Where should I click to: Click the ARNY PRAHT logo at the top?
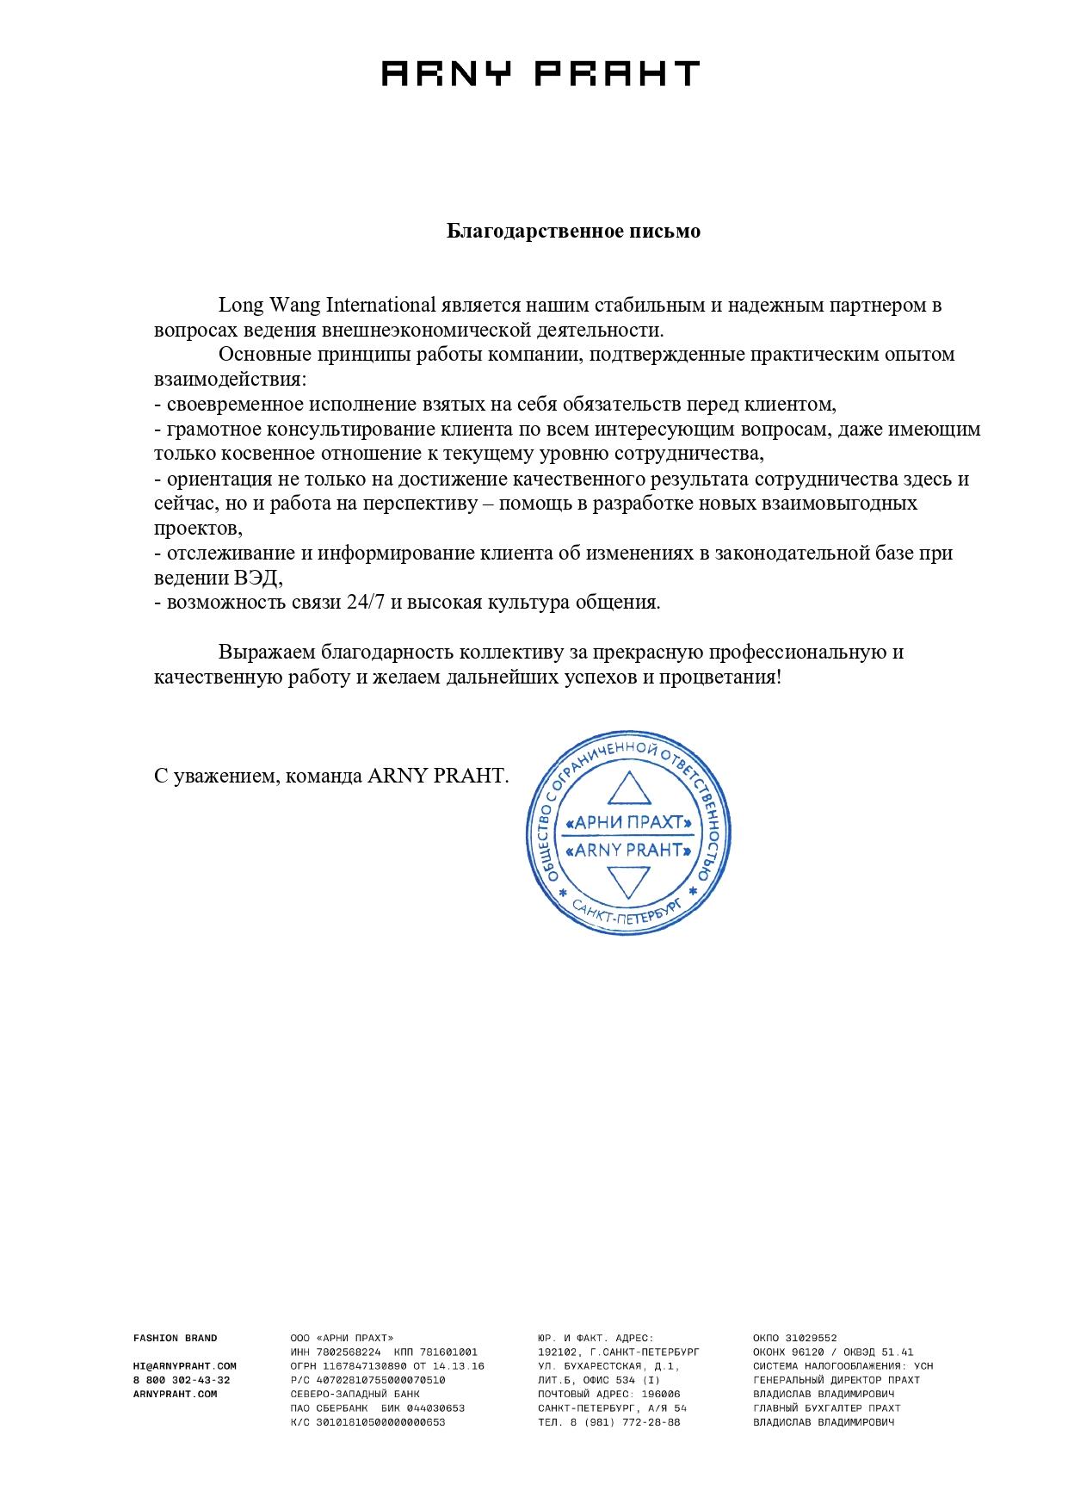(x=540, y=73)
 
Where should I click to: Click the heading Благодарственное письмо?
(x=573, y=232)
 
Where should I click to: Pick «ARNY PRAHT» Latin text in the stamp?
(x=627, y=851)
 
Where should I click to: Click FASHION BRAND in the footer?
(x=176, y=1338)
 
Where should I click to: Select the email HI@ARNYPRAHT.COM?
(x=184, y=1365)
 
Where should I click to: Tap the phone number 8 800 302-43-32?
(x=182, y=1380)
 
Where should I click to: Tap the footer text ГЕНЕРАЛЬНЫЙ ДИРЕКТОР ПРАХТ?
(x=836, y=1380)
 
